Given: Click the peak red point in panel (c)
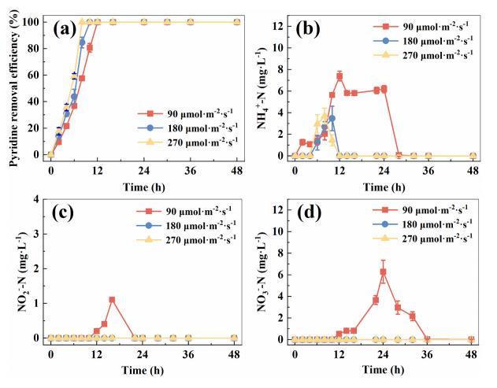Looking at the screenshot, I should pyautogui.click(x=112, y=299).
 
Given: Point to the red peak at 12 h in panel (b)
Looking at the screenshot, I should pyautogui.click(x=339, y=76).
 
